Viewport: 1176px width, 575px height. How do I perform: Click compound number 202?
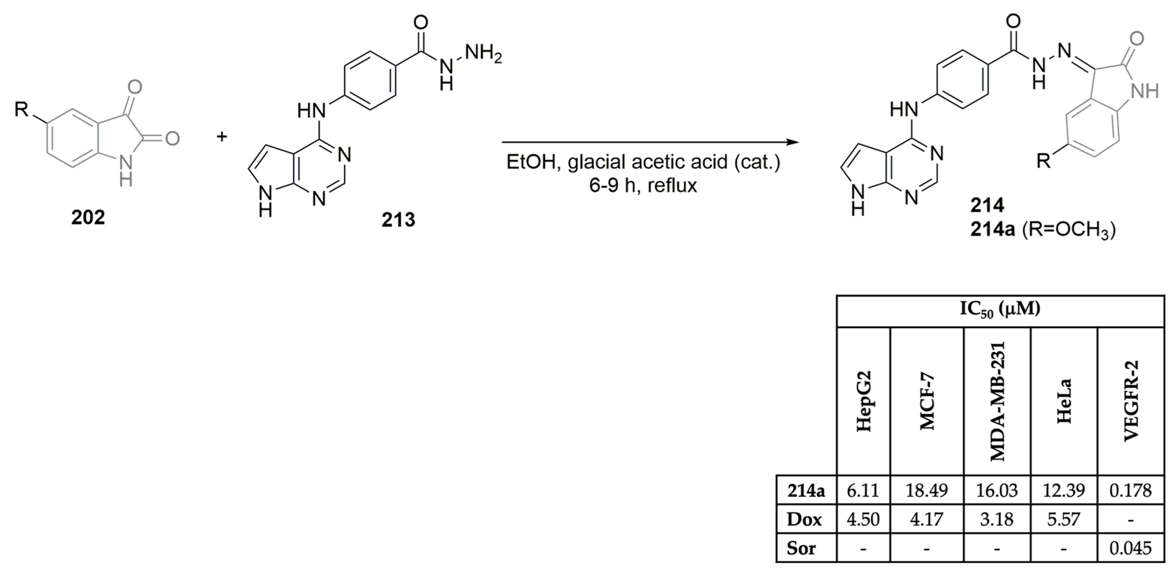(x=88, y=217)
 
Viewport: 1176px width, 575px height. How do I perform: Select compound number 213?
(x=399, y=220)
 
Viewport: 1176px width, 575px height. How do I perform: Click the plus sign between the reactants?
(x=222, y=136)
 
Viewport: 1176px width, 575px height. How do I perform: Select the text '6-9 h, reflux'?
(x=643, y=186)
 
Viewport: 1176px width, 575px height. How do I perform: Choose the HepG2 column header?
(x=864, y=402)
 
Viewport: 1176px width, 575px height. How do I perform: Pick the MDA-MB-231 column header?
(x=998, y=402)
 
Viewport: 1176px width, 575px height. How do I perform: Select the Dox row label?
(x=804, y=519)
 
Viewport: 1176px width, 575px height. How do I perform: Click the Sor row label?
(x=801, y=548)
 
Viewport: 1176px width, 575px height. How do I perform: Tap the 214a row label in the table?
(x=806, y=490)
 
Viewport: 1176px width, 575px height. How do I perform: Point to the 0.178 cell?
(x=1131, y=490)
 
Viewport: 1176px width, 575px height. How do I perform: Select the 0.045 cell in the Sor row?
(x=1131, y=548)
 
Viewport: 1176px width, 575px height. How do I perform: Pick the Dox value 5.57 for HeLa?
(x=1064, y=519)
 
